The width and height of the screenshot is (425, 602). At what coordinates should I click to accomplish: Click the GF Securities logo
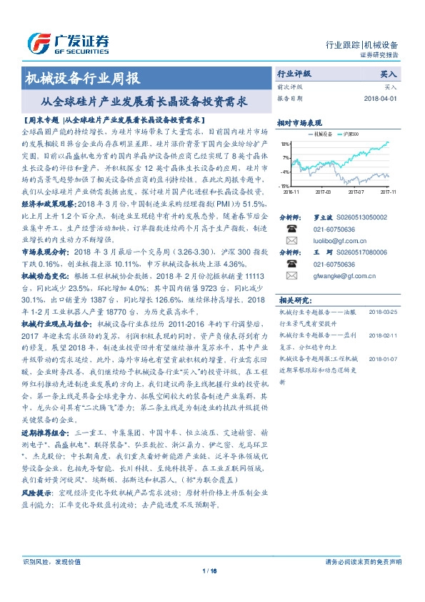tap(68, 42)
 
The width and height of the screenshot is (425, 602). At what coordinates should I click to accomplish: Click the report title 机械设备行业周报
tap(82, 79)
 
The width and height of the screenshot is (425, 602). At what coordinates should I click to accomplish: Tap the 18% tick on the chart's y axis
tap(285, 143)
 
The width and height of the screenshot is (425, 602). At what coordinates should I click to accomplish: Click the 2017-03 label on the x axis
tap(323, 192)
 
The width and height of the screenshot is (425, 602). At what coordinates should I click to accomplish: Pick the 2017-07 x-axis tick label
tap(356, 192)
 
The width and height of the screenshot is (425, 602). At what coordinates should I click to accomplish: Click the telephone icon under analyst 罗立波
tap(291, 230)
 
